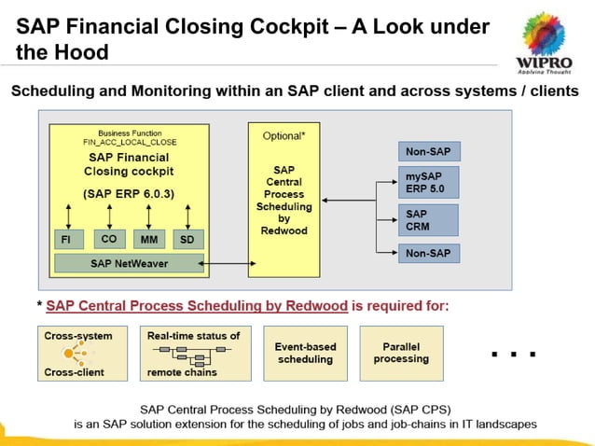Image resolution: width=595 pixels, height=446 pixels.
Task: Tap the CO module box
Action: click(108, 240)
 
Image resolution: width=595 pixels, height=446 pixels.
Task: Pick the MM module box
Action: click(147, 240)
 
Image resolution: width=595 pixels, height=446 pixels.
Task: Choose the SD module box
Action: click(187, 240)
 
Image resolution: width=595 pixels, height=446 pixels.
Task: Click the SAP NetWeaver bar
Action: click(130, 264)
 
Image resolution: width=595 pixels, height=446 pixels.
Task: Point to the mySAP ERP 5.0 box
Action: click(429, 182)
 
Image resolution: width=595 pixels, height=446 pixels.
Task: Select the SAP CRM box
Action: click(429, 220)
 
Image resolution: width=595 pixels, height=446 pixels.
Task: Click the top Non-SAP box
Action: click(429, 151)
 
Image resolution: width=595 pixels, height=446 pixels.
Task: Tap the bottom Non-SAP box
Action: click(429, 252)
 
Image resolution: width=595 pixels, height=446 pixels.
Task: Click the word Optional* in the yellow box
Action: click(284, 135)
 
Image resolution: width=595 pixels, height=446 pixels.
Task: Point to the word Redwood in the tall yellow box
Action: click(284, 230)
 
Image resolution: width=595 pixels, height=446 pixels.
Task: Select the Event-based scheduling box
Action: click(305, 353)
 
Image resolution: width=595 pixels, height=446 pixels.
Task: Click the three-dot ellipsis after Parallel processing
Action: click(513, 355)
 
